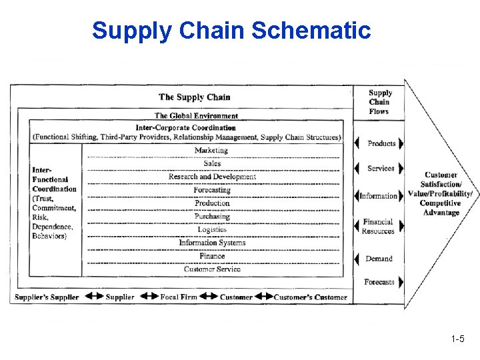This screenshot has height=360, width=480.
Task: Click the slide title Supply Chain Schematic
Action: point(231,31)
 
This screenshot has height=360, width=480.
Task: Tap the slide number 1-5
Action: point(457,339)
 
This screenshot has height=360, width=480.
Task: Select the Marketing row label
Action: point(211,151)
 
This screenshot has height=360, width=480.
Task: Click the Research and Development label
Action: point(212,177)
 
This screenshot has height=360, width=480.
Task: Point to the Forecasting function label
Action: point(212,190)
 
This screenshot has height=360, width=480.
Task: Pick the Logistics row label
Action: point(212,229)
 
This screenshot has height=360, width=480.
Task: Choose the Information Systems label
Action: point(212,243)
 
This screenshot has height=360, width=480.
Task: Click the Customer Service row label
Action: point(212,269)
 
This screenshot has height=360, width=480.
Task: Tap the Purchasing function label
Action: point(212,217)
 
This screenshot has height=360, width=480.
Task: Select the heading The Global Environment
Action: point(196,116)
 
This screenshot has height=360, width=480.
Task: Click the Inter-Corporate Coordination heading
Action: point(185,127)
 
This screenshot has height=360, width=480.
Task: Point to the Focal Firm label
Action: point(179,297)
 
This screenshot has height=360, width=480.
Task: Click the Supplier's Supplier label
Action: point(47,297)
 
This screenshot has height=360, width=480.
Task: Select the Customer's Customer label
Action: point(310,297)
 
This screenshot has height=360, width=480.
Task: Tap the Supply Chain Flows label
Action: point(380,102)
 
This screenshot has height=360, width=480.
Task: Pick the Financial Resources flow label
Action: point(378,227)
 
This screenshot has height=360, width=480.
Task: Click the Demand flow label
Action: point(379,259)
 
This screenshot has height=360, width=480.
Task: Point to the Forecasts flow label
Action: point(379,282)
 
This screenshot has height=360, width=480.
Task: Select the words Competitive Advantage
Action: point(440,208)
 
